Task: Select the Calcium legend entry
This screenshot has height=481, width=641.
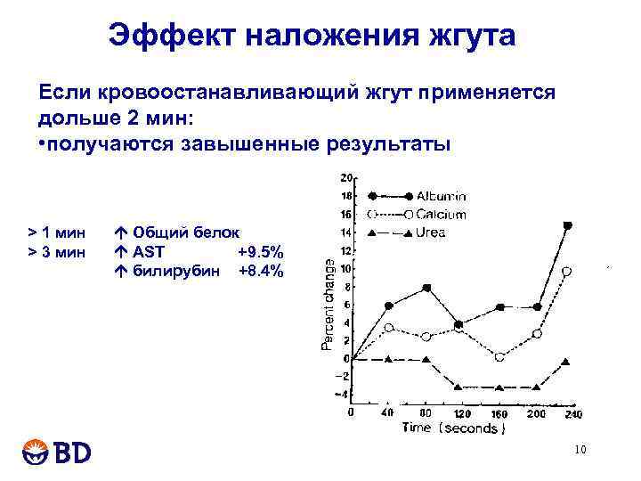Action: [440, 215]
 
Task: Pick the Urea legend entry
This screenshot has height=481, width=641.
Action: [430, 233]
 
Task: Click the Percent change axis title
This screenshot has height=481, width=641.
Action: [329, 304]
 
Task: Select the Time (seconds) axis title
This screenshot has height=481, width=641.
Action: [453, 429]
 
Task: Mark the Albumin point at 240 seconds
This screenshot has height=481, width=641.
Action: [568, 225]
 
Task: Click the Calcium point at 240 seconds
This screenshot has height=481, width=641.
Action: [567, 271]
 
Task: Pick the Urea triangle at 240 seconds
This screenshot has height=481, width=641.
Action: [566, 362]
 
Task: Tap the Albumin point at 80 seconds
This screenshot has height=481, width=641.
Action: [426, 288]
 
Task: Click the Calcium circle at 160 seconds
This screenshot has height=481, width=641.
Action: [499, 356]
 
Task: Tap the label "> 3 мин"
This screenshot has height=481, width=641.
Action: [57, 252]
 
